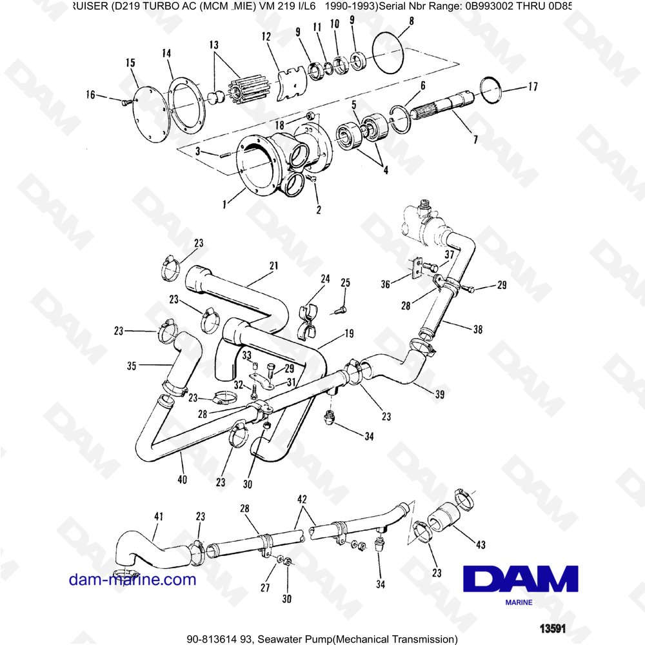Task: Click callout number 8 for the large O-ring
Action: pyautogui.click(x=412, y=22)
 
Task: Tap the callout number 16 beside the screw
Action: pyautogui.click(x=90, y=95)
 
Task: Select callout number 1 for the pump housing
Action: pyautogui.click(x=224, y=204)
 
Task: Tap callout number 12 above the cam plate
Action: pyautogui.click(x=265, y=39)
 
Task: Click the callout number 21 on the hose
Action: pyautogui.click(x=273, y=266)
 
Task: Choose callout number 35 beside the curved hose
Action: pyautogui.click(x=132, y=366)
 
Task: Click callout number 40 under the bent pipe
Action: pyautogui.click(x=183, y=479)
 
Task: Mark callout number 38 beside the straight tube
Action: pyautogui.click(x=477, y=330)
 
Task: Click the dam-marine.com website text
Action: pyautogui.click(x=132, y=579)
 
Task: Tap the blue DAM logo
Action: pyautogui.click(x=524, y=578)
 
